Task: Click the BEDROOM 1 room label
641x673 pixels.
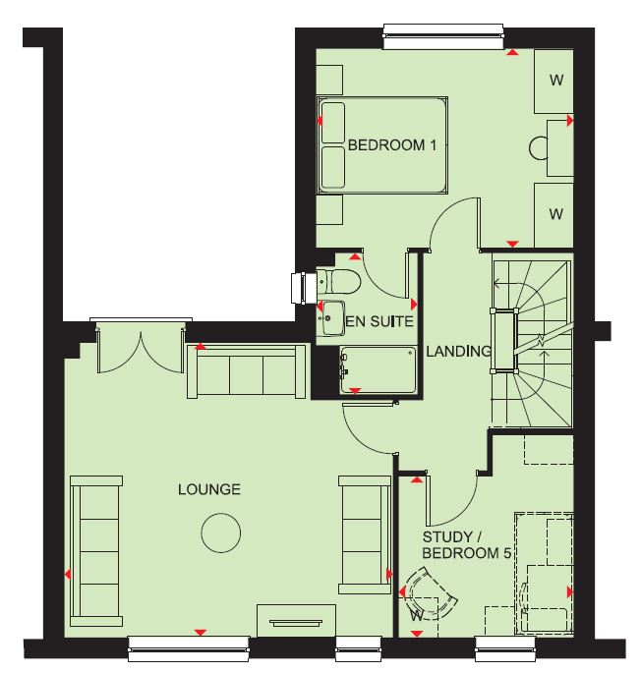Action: [x=392, y=145]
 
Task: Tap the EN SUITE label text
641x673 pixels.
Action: [x=379, y=321]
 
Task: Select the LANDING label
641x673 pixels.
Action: [x=458, y=351]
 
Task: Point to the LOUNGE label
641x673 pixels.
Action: [x=209, y=489]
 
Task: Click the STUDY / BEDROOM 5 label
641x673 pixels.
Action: [x=467, y=545]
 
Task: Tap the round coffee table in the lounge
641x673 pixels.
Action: [x=221, y=533]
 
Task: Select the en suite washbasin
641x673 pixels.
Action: [x=331, y=318]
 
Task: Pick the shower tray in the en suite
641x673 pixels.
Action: [x=379, y=370]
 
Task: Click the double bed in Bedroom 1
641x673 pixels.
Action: [x=382, y=145]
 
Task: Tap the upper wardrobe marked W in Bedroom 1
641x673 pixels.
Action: [x=554, y=82]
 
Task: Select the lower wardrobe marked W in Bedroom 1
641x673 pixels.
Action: [x=554, y=215]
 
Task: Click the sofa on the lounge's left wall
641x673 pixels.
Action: [x=96, y=550]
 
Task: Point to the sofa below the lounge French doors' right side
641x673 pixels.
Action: [x=247, y=371]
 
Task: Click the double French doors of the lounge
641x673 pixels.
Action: [x=141, y=348]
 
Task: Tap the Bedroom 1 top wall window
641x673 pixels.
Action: [x=443, y=37]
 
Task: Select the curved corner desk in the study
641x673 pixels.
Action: [x=431, y=593]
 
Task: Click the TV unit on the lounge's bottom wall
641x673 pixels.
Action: [x=297, y=621]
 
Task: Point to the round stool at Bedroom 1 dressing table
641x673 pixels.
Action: [x=539, y=148]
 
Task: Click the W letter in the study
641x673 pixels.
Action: [x=416, y=616]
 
